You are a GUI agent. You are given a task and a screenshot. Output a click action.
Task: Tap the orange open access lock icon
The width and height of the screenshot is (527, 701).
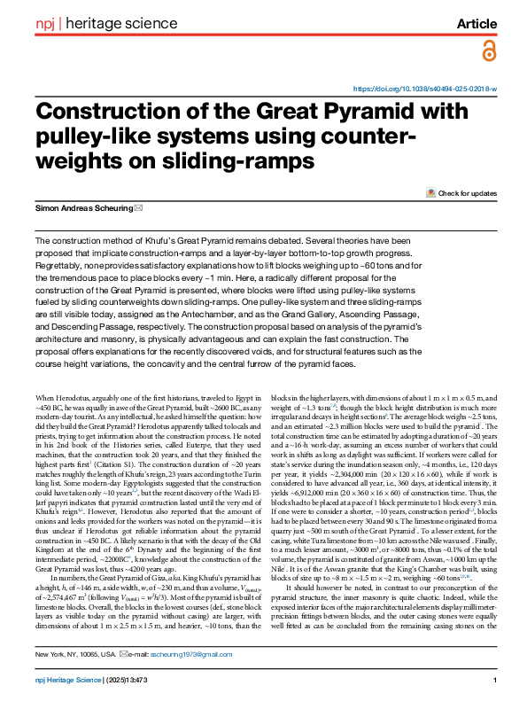coord(488,53)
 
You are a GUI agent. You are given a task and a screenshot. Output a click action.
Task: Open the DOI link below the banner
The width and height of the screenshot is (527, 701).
coord(425,90)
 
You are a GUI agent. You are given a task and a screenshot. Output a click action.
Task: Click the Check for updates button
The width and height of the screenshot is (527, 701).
coord(461,192)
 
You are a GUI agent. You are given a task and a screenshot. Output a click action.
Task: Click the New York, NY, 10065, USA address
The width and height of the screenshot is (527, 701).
coord(74,654)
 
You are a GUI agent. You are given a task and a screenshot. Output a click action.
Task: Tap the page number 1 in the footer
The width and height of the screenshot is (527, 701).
coord(492,680)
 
